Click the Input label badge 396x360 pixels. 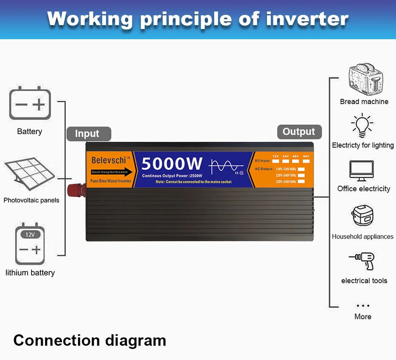coord(88,134)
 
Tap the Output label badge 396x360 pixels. coord(299,132)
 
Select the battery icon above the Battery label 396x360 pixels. coord(30,103)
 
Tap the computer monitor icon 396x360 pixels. coord(362,171)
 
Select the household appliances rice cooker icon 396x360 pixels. coord(362,216)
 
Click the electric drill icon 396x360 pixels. coord(362,261)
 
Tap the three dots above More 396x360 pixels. coord(363,305)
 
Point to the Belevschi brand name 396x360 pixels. coord(109,160)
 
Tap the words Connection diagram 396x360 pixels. coord(89,340)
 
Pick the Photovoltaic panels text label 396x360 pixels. coord(32,200)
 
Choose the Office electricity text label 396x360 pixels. coord(364,189)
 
